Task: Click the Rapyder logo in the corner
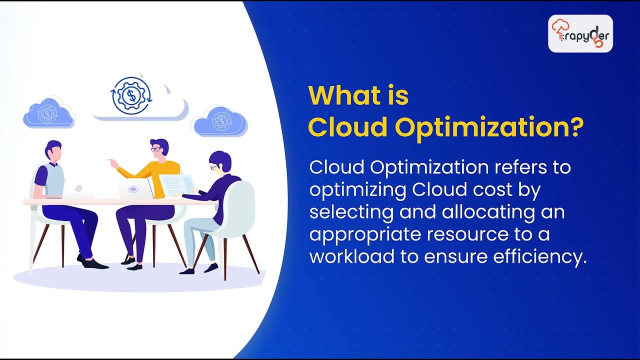click(580, 34)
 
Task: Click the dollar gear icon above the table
click(131, 95)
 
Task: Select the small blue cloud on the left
click(48, 113)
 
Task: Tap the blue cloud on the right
click(220, 121)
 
